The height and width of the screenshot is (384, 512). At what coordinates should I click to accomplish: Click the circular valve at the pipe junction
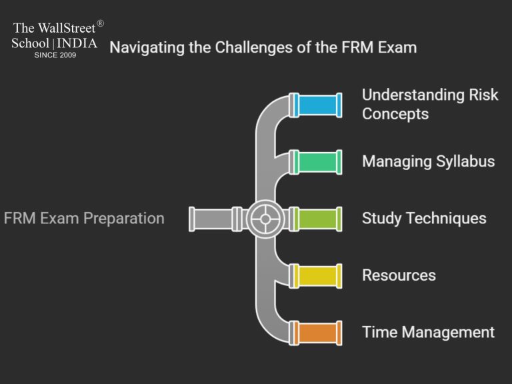pos(265,219)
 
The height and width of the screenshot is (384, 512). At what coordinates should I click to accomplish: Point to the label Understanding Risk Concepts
pos(429,104)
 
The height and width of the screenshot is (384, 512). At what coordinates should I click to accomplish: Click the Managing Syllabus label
pos(428,161)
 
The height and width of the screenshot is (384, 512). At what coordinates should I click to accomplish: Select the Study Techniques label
pos(424,218)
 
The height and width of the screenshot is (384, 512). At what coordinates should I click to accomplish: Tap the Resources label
pos(399,275)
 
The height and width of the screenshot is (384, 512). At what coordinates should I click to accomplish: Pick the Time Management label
pos(428,332)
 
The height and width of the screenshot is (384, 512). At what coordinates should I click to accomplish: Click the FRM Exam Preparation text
pos(84,218)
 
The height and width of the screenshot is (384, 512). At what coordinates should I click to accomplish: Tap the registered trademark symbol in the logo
pos(100,24)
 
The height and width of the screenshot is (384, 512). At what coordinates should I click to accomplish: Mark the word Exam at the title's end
pos(398,47)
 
